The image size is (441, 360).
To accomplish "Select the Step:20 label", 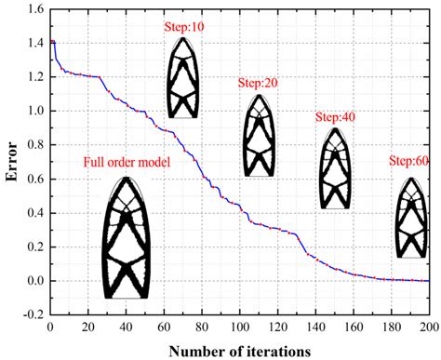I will pyautogui.click(x=258, y=84).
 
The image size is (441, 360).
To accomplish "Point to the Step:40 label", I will pyautogui.click(x=335, y=117).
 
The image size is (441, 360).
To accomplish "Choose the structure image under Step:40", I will pyautogui.click(x=335, y=167).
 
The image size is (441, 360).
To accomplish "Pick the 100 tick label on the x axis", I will pyautogui.click(x=239, y=327).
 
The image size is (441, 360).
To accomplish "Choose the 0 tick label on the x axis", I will pyautogui.click(x=48, y=327).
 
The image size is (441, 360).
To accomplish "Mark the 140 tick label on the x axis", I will pyautogui.click(x=315, y=327).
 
